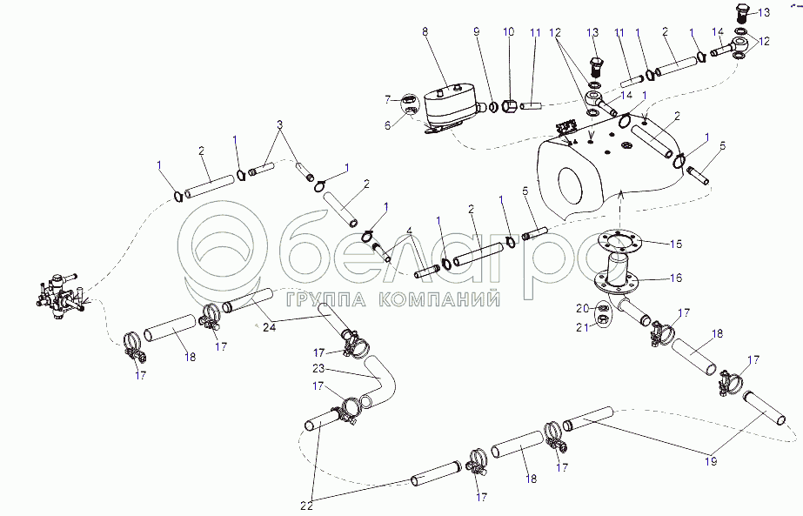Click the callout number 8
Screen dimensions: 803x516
[x=425, y=32]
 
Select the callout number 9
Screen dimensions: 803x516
[x=477, y=32]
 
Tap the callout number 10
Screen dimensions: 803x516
[x=508, y=32]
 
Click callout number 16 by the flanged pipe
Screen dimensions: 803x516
[x=675, y=278]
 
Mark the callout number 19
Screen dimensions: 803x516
[x=710, y=460]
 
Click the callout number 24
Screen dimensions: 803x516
[x=268, y=328]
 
